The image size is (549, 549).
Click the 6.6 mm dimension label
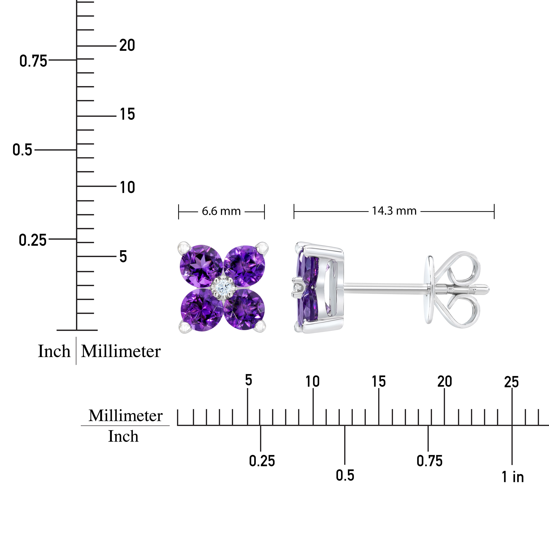point(221,211)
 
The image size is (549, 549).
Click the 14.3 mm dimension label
point(394,211)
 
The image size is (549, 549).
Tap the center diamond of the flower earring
point(223,287)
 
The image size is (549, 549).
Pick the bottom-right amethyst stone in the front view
point(244,309)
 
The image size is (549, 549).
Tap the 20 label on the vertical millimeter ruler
point(127,46)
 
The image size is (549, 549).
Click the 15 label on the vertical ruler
point(127,115)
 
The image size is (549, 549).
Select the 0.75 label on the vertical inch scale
point(33,61)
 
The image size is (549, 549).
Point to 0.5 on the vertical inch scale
point(22,150)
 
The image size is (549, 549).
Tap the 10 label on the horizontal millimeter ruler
point(312,382)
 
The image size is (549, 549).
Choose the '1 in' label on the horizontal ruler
point(512,477)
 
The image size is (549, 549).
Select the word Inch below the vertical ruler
point(54,351)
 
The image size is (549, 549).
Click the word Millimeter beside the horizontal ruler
point(125,416)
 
